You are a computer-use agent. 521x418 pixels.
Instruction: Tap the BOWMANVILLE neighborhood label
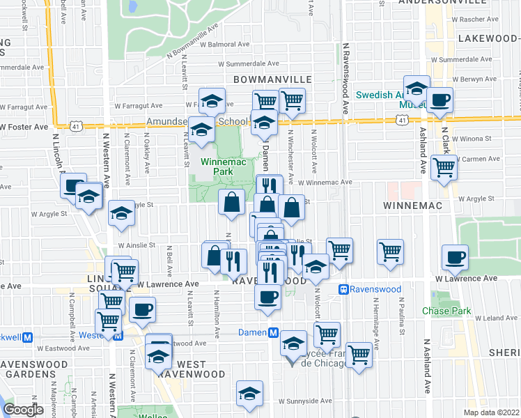[x=267, y=79]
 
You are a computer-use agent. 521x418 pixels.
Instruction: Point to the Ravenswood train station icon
[x=343, y=289]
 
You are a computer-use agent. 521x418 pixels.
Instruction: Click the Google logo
[x=23, y=410]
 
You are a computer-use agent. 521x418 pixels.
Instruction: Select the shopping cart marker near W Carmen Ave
[x=444, y=167]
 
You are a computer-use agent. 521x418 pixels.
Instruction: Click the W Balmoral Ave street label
[x=225, y=44]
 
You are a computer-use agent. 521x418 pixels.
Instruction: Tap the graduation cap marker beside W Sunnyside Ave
[x=249, y=394]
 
